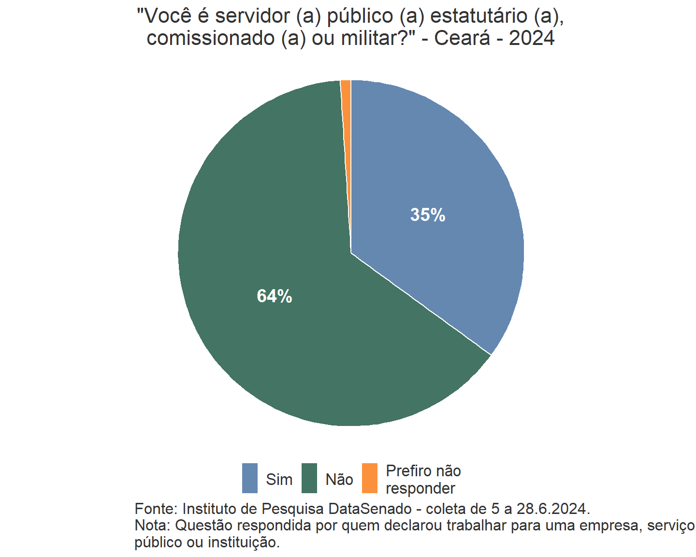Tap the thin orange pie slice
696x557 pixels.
346,97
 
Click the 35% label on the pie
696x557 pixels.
428,215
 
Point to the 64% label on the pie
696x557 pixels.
275,296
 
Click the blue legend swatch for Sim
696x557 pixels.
250,478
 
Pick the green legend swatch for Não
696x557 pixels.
309,478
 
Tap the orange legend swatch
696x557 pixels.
370,478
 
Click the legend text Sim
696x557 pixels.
279,480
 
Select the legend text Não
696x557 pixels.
339,480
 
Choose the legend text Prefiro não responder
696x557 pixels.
423,480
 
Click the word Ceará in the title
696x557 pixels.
462,38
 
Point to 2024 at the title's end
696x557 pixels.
532,38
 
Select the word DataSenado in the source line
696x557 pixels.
370,509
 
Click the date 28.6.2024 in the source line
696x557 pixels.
553,509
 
